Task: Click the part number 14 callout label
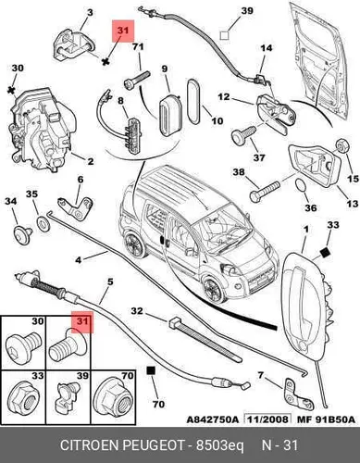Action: pyautogui.click(x=267, y=48)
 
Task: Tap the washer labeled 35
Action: pyautogui.click(x=43, y=223)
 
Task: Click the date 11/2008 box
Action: pyautogui.click(x=267, y=419)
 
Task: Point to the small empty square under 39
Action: pyautogui.click(x=224, y=35)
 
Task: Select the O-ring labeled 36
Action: pyautogui.click(x=301, y=185)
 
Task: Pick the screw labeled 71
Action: pyautogui.click(x=136, y=80)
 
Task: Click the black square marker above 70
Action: pyautogui.click(x=151, y=370)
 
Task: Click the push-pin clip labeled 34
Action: pyautogui.click(x=23, y=231)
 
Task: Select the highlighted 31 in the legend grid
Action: pyautogui.click(x=82, y=322)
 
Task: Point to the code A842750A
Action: pyautogui.click(x=213, y=419)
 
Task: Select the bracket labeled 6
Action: pyautogui.click(x=76, y=207)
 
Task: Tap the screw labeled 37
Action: pyautogui.click(x=243, y=134)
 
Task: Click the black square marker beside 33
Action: pyautogui.click(x=324, y=253)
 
